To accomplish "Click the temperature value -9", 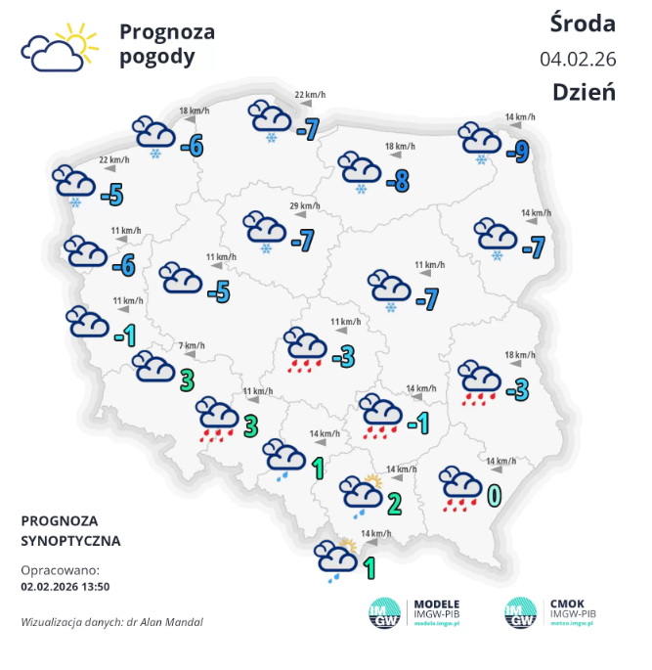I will (518, 151).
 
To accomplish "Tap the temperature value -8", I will (397, 181).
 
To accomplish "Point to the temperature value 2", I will (394, 505).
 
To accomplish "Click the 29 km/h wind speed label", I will (305, 205).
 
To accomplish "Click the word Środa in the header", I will (583, 23).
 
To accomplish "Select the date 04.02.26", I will (577, 59).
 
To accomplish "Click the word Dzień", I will (584, 92).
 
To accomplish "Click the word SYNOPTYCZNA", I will (70, 540).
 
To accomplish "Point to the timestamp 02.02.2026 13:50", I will (64, 587).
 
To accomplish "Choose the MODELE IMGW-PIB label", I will (437, 609).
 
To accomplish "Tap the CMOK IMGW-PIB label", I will (568, 609).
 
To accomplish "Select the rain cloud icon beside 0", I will (459, 488).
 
